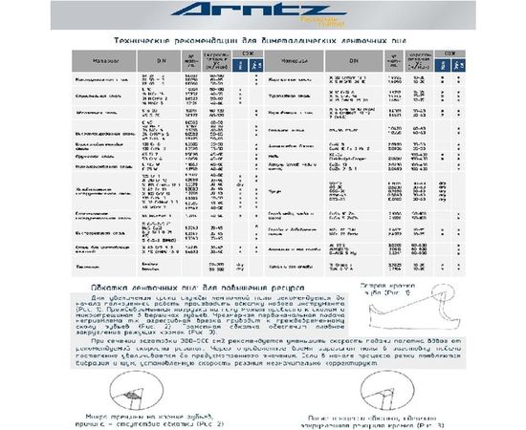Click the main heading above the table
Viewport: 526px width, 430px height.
tap(262, 42)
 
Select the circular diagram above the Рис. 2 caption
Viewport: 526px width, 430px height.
tap(138, 386)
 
